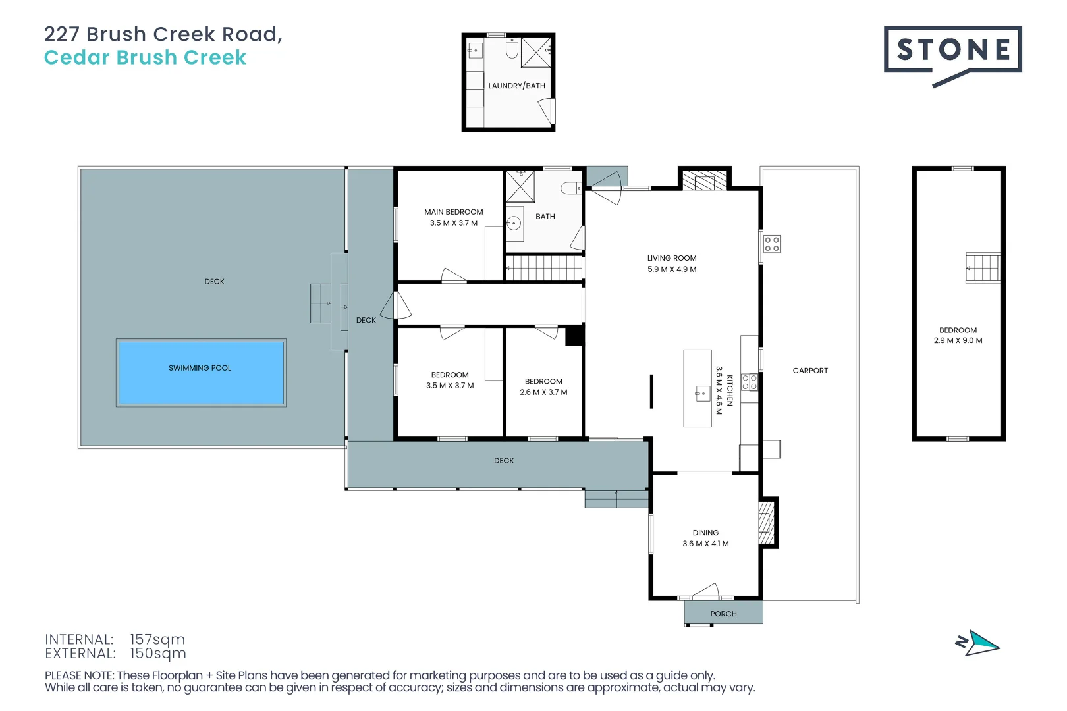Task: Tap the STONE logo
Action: [952, 50]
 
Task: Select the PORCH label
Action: [723, 614]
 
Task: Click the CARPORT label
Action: [810, 371]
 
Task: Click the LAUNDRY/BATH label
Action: [516, 86]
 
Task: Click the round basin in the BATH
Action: [514, 224]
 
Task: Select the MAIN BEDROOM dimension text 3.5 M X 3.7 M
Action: [454, 223]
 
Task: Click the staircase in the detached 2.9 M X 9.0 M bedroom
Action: [983, 268]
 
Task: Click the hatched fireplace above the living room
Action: [704, 180]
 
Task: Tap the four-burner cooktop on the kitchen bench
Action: [750, 382]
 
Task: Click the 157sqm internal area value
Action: [157, 639]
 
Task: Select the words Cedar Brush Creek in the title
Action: [145, 57]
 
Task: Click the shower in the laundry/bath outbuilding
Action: [535, 52]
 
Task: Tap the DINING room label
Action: [705, 533]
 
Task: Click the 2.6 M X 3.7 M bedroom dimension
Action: [543, 392]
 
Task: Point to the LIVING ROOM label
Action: [671, 258]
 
